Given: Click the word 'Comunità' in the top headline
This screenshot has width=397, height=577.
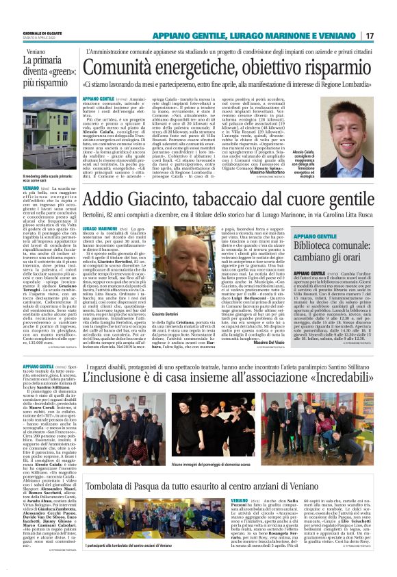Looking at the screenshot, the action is (x=125, y=67).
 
